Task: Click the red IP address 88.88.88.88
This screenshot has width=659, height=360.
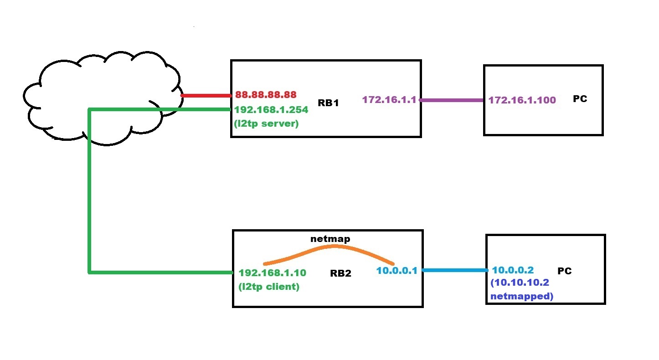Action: [x=266, y=95]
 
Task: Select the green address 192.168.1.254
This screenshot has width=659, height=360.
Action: [x=271, y=109]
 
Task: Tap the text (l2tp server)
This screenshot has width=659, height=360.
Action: [x=266, y=123]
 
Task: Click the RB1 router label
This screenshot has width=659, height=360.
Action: [x=328, y=103]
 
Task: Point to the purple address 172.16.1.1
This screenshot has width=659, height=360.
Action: [x=389, y=99]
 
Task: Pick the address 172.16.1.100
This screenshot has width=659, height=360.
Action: [x=522, y=100]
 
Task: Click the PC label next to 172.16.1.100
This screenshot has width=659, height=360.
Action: [x=580, y=99]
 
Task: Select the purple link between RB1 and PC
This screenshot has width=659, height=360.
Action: [x=452, y=100]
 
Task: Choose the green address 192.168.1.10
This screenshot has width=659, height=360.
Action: [x=272, y=273]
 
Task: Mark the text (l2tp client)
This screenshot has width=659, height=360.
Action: [x=269, y=287]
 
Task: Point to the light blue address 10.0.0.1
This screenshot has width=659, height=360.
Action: [x=396, y=271]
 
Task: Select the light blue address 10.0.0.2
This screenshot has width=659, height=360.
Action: [x=512, y=270]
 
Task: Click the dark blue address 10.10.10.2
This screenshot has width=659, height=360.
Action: [x=520, y=283]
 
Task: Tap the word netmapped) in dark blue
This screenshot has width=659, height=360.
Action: [x=521, y=297]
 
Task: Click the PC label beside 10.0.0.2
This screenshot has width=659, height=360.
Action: [x=564, y=271]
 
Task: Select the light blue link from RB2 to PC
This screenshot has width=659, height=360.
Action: [x=455, y=270]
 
